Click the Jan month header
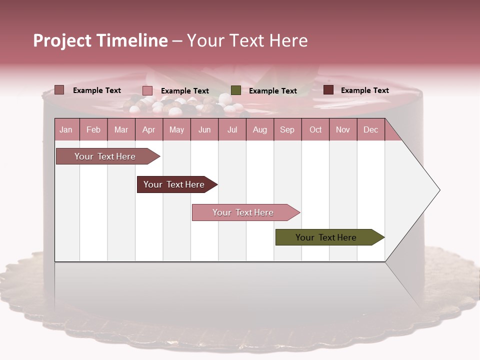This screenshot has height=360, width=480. coord(66,129)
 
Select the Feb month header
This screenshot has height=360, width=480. coord(93,129)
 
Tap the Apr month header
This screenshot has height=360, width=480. coord(148,129)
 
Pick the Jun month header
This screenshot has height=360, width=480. coord(204,129)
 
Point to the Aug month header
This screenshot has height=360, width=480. coord(259,129)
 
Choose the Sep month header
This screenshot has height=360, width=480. coord(287,129)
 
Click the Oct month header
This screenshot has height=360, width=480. coord(315,129)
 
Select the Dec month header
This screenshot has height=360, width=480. coord(370,129)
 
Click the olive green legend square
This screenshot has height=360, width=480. coord(236,90)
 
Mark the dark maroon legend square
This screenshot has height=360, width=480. coord(328,90)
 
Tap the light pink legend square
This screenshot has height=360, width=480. coord(147,90)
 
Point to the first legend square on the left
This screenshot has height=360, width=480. coord(59,90)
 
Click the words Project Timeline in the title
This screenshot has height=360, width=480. coord(100,40)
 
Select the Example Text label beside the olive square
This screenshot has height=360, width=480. coord(272,90)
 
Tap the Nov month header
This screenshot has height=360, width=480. coord(342,129)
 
